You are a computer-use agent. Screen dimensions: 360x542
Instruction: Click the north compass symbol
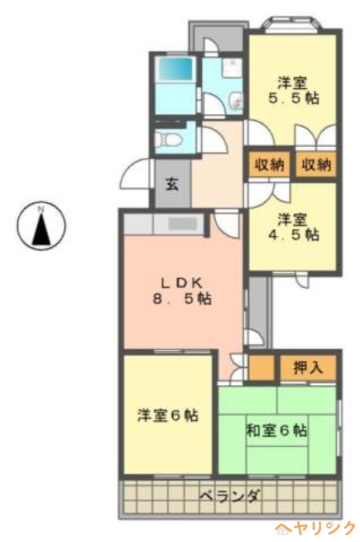tap(41, 225)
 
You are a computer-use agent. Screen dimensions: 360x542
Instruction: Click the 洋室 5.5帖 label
tap(294, 91)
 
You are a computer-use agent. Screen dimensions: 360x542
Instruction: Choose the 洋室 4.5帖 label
tap(294, 227)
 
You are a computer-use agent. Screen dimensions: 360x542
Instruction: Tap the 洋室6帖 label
tap(167, 415)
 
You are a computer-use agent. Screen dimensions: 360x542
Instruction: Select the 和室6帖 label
tap(276, 431)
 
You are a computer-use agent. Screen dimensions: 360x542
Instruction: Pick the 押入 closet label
tap(308, 368)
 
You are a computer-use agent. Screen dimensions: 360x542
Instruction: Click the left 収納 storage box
tap(269, 165)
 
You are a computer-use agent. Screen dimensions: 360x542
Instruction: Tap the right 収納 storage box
tap(316, 165)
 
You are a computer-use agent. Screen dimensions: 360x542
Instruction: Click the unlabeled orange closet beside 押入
tap(262, 368)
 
